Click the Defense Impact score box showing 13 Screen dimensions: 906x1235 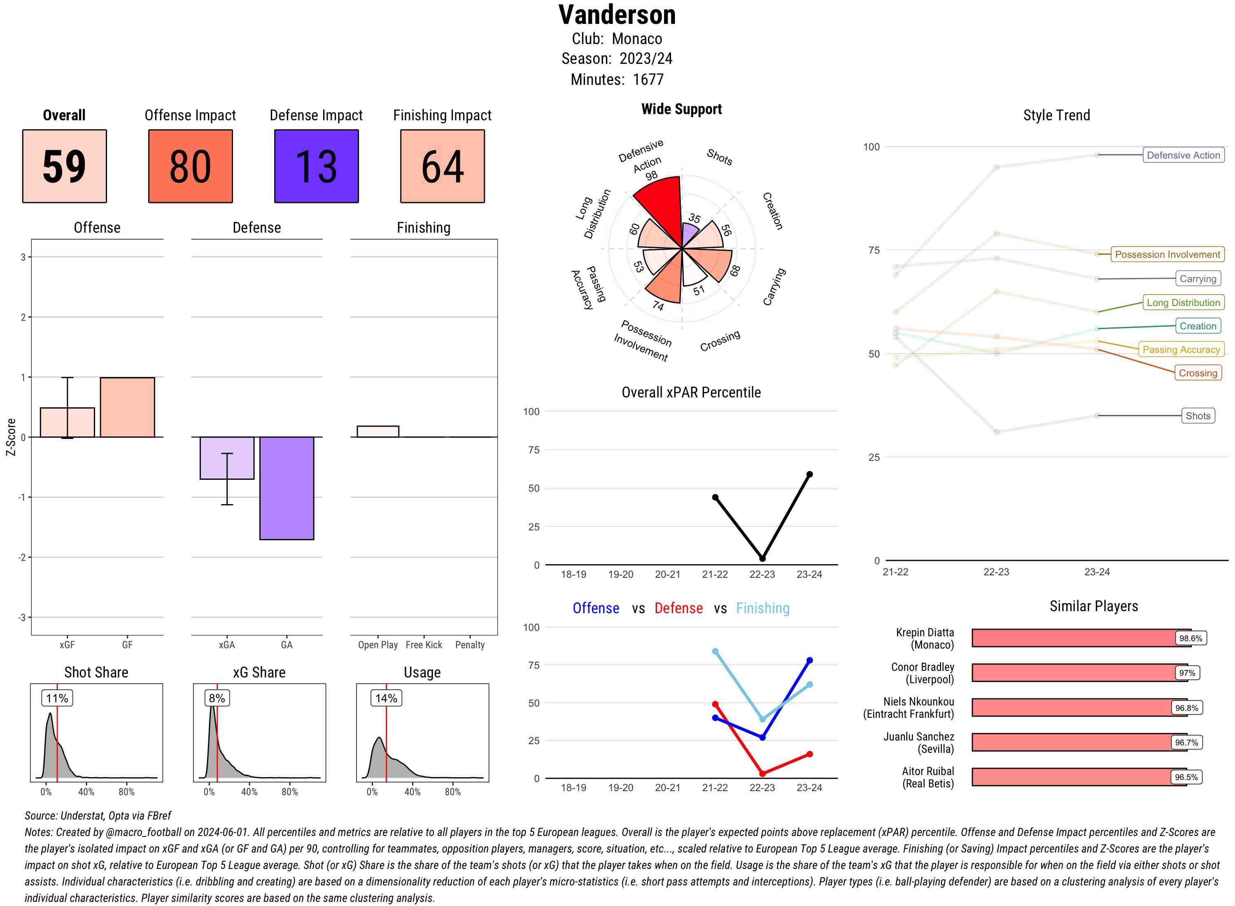pos(316,166)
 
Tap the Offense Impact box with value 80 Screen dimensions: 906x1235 pos(190,166)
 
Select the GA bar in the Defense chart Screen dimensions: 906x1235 pos(287,488)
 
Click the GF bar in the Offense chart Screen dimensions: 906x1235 pos(127,407)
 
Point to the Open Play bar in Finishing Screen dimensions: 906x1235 pos(377,432)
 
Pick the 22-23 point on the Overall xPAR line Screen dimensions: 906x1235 pos(762,558)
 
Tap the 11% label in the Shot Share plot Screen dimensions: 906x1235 pos(57,698)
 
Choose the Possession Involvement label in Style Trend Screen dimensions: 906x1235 pos(1167,255)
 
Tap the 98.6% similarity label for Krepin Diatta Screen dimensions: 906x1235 pos(1191,638)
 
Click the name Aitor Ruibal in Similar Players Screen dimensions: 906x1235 pos(927,771)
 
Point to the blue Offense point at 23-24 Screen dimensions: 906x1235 pos(809,661)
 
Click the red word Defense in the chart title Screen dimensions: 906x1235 pos(678,608)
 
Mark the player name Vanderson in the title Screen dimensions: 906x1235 pos(617,15)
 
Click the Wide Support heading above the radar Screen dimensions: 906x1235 pos(681,109)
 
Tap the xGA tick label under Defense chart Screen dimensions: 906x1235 pos(226,645)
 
